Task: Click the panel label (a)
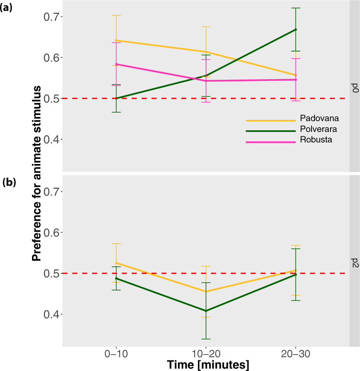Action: tap(7, 8)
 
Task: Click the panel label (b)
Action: tap(9, 182)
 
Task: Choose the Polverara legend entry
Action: tap(319, 129)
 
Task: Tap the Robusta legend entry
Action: tap(316, 140)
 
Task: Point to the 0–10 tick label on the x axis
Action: tap(116, 354)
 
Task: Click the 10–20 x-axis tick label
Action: tap(206, 354)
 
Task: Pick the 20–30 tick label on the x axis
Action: tap(295, 354)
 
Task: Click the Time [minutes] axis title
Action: tap(208, 364)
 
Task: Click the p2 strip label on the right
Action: tap(355, 262)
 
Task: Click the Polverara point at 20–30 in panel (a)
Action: tap(295, 30)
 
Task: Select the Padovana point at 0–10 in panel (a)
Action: tap(116, 40)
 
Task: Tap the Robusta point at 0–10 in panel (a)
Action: tap(116, 64)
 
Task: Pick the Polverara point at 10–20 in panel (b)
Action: tap(206, 311)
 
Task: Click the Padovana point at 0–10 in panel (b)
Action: tap(116, 263)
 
